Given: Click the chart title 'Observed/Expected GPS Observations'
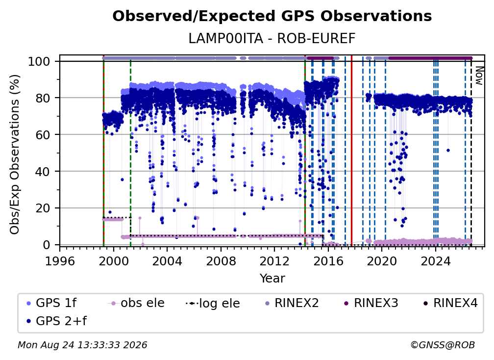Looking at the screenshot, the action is pos(272,16).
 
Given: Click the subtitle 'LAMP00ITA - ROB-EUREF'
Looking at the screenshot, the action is pos(272,38).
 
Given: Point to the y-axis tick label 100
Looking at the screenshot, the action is pos(39,61).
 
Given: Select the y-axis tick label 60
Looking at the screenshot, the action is pos(43,135).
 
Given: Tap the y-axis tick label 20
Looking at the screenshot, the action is pos(43,208).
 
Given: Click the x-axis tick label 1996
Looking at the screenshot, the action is pos(60,261).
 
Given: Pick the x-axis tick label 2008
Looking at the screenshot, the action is pos(221,261).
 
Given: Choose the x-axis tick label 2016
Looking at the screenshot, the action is pos(328,261).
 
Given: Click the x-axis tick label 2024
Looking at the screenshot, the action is pos(435,261).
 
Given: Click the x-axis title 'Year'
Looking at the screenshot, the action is pos(272,279).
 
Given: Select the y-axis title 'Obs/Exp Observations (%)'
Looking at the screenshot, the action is pos(15,154).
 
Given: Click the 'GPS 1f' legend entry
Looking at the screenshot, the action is pos(51,303).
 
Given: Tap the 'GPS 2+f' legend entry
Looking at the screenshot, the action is pos(57,321).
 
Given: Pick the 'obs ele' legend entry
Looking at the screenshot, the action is pos(136,303).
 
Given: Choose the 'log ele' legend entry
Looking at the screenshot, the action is pos(213,304).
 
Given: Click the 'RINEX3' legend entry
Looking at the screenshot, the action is pos(371,303).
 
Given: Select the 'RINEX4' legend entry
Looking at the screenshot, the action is pos(450,303).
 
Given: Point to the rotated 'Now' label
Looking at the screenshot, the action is pos(479,76).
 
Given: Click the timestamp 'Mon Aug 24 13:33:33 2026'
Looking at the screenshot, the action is pos(82,345).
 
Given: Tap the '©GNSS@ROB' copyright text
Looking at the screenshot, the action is pos(443,345).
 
